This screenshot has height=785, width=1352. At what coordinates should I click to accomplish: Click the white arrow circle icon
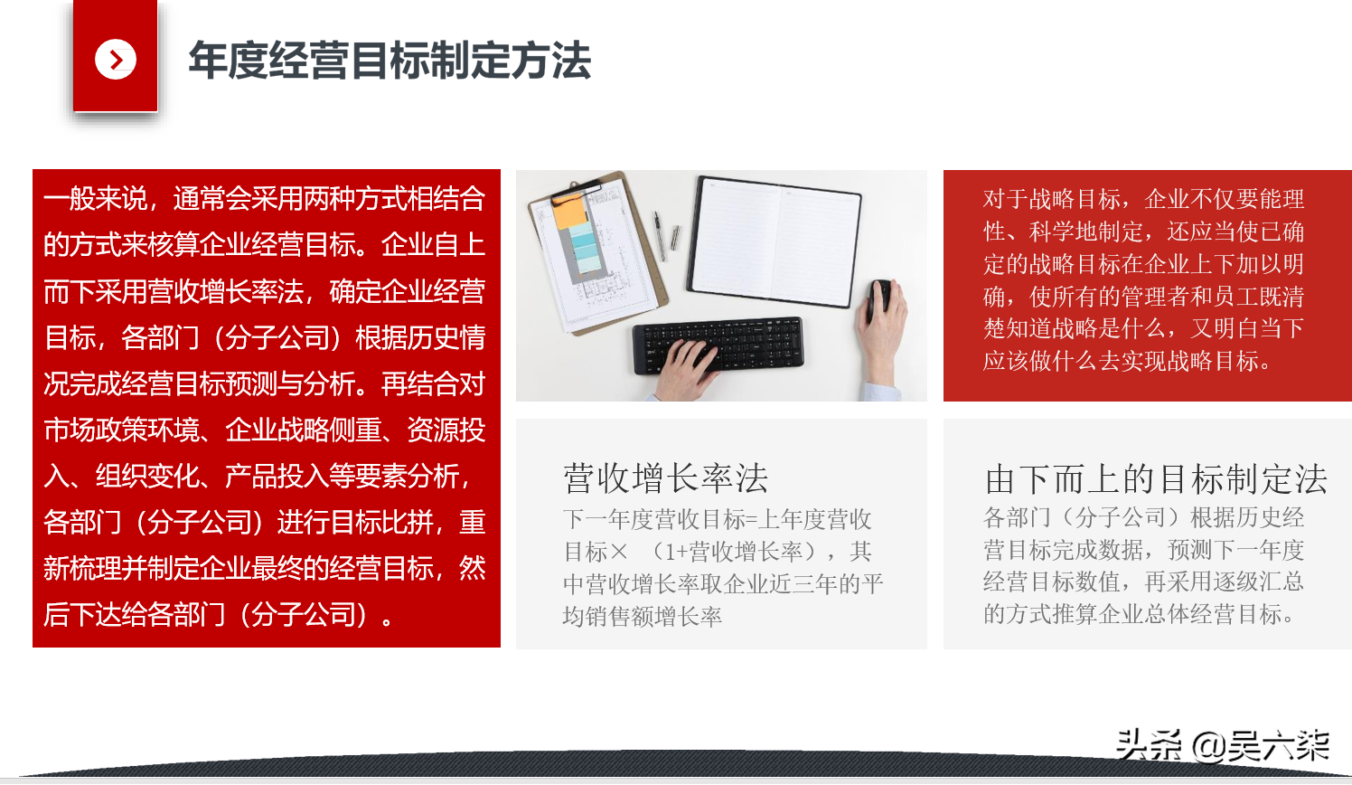[x=116, y=59]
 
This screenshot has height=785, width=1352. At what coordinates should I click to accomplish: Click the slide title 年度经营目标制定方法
[x=390, y=61]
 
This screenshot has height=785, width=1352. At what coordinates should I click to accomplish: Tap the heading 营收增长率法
[x=665, y=478]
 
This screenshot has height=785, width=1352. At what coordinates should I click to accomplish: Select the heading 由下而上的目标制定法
[x=1155, y=479]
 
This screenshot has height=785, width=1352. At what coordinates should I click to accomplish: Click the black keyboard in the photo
[x=718, y=345]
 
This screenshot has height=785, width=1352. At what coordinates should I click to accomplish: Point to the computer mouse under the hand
[x=878, y=300]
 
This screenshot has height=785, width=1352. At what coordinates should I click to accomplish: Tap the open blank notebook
[x=774, y=241]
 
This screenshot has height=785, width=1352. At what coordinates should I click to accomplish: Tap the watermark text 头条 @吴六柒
[x=1222, y=745]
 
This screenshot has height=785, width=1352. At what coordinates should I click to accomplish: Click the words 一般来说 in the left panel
[x=95, y=198]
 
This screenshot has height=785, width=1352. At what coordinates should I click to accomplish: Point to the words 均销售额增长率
[x=643, y=617]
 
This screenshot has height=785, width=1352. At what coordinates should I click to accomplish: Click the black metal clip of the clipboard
[x=577, y=188]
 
